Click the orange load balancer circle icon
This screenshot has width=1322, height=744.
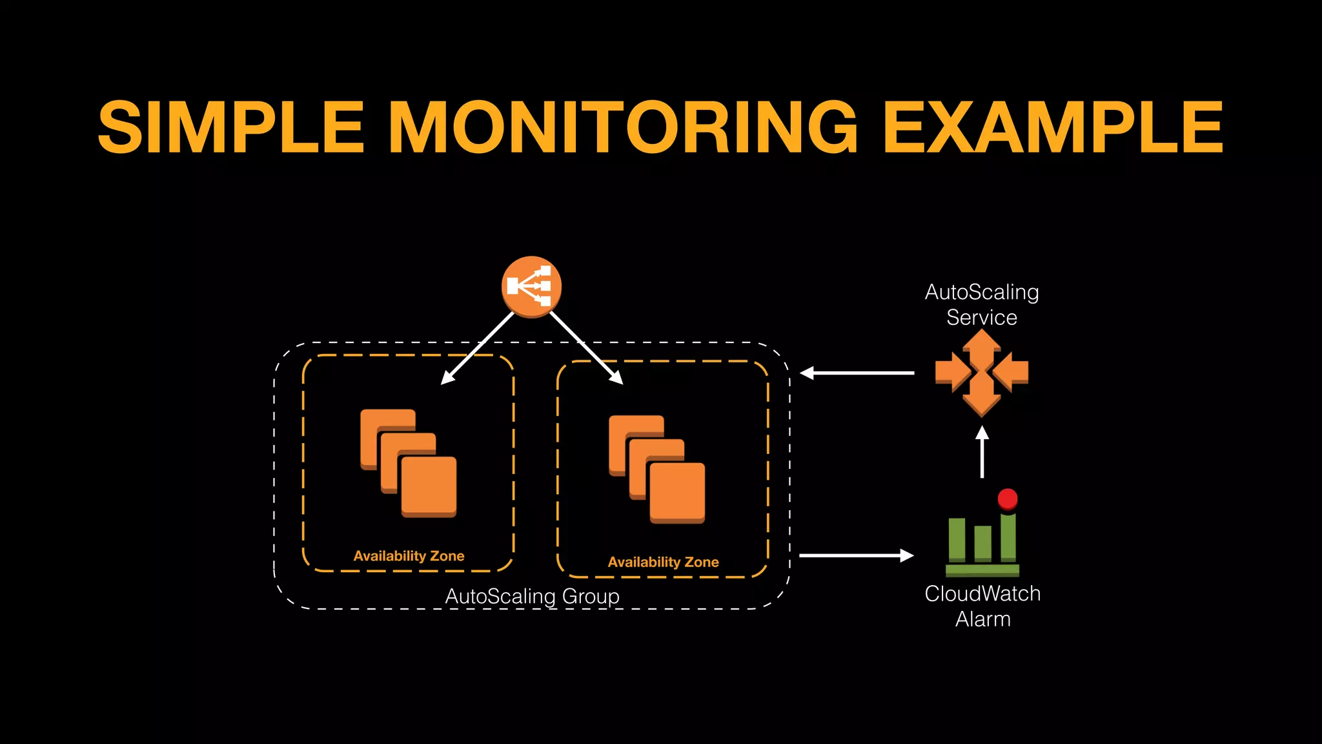point(531,287)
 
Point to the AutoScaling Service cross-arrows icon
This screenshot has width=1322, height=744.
point(982,373)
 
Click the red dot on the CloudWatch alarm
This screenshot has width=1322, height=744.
point(1008,499)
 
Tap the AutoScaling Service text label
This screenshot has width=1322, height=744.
point(982,304)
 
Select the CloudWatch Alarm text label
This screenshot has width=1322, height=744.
point(982,606)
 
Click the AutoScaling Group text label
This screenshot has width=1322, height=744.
point(532,595)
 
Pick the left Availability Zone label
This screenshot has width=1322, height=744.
point(409,556)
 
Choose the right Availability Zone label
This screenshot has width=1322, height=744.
point(663,562)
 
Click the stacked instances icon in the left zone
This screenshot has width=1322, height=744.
point(409,463)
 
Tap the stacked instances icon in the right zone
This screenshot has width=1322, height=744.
point(657,469)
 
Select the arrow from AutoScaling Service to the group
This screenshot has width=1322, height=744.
point(857,373)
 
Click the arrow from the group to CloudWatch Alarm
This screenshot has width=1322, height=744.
point(856,555)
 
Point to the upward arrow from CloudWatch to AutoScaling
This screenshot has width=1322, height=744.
point(982,452)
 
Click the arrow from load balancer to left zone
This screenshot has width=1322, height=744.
point(478,349)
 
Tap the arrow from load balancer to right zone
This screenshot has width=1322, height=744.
point(586,349)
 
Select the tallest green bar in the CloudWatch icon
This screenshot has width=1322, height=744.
point(1008,537)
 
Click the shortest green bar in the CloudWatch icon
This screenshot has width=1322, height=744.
point(982,543)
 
